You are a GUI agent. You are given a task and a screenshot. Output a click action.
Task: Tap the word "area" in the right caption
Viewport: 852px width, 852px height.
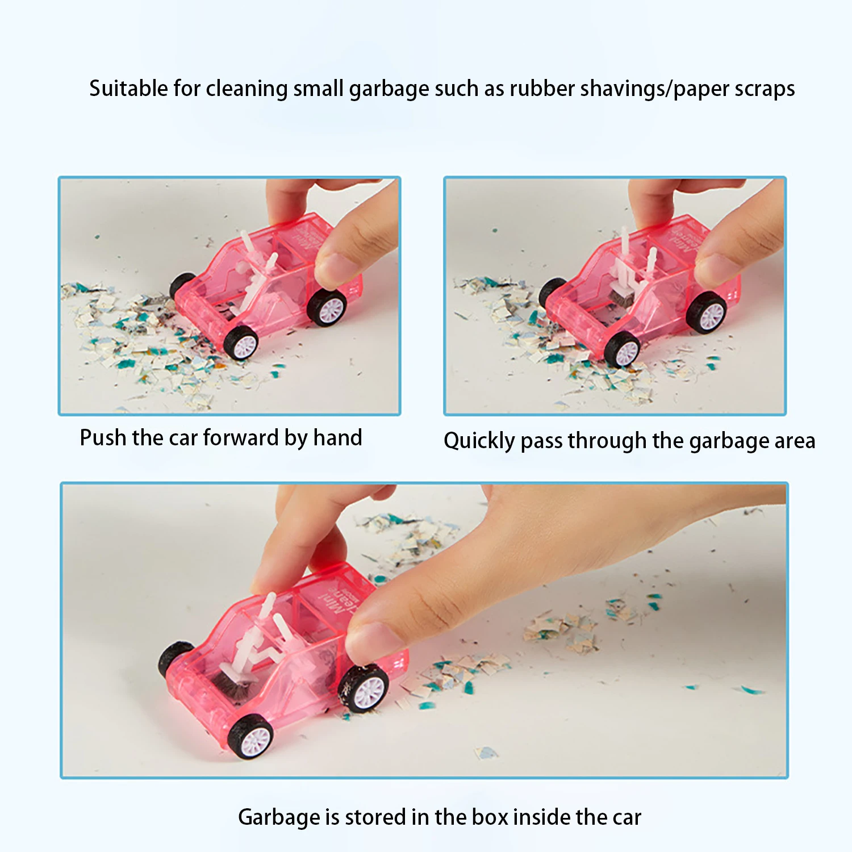[x=794, y=441]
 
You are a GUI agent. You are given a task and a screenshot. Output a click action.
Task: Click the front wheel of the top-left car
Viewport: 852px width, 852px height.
[x=241, y=343]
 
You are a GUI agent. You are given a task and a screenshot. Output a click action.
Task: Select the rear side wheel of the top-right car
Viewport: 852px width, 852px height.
[x=706, y=312]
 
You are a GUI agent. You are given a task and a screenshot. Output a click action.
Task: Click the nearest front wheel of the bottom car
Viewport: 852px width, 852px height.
[x=250, y=736]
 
